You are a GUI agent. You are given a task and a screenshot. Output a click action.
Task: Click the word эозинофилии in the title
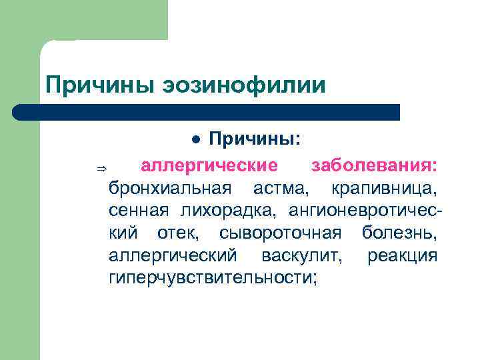[243, 85]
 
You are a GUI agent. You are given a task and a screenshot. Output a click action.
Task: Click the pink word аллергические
[204, 165]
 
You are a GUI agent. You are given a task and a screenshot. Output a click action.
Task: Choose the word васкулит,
[303, 256]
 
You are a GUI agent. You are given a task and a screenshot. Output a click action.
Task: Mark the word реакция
[403, 256]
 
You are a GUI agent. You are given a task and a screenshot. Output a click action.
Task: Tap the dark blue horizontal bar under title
[207, 112]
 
